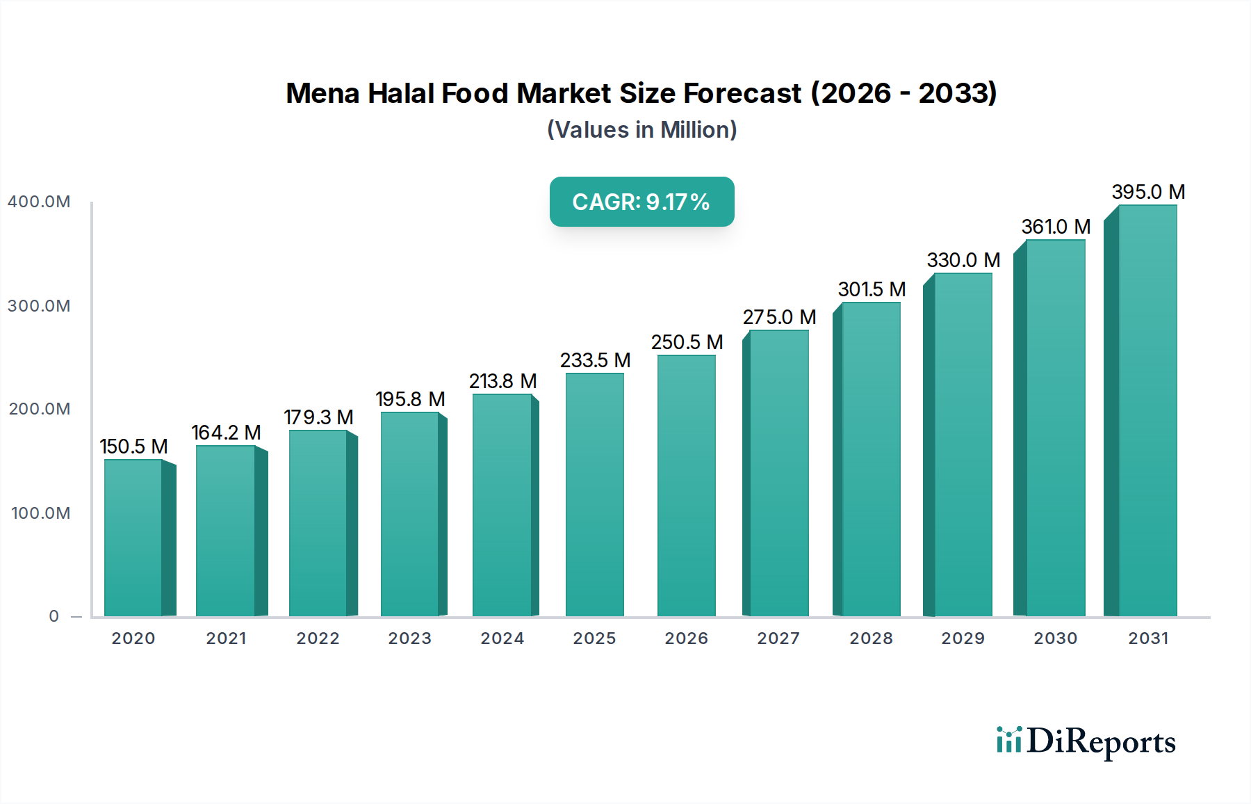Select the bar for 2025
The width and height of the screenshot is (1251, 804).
click(594, 495)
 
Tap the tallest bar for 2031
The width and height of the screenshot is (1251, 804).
click(1147, 410)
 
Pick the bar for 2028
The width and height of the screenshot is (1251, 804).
click(870, 459)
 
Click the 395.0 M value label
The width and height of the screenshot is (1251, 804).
click(1148, 192)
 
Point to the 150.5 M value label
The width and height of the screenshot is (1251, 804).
click(133, 447)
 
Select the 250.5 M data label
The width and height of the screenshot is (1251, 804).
click(687, 342)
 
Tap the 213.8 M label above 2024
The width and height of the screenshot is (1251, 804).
click(502, 381)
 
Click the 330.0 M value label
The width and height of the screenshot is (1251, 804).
click(963, 260)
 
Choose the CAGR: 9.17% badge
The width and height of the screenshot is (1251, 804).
click(641, 202)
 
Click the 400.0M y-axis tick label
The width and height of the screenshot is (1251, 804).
click(39, 202)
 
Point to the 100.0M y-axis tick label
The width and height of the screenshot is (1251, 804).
click(40, 513)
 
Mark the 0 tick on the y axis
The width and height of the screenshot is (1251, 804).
click(54, 616)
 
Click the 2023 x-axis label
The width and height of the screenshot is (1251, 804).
click(409, 638)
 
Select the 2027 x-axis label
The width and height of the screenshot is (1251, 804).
click(778, 638)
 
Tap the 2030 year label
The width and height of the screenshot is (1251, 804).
click(1055, 638)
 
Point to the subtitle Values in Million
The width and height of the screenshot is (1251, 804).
click(641, 130)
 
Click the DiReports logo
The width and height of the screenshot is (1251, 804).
click(1086, 741)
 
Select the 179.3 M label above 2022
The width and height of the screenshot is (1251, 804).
click(318, 417)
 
